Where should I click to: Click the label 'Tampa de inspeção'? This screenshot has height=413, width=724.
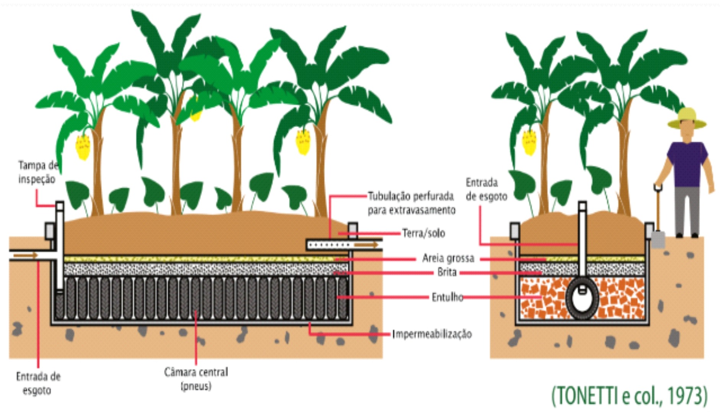tap(37, 172)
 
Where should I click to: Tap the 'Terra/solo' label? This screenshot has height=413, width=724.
tap(423, 233)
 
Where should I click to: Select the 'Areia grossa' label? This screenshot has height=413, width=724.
tap(448, 259)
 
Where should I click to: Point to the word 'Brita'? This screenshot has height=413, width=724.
tap(447, 272)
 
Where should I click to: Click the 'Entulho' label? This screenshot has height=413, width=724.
tap(447, 297)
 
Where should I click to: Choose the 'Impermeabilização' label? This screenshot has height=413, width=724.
tap(432, 334)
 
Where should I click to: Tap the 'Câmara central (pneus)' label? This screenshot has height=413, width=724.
tap(196, 379)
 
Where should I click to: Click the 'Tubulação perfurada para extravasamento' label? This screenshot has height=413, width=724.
tap(411, 203)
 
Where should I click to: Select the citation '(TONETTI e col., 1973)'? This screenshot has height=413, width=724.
tap(629, 396)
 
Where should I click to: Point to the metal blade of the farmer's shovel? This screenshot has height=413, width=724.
tap(657, 239)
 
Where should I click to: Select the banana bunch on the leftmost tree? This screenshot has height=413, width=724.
tap(83, 146)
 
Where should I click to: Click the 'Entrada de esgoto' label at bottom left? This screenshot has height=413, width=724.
tap(38, 384)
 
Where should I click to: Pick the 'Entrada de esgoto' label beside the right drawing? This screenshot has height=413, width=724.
tap(486, 190)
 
